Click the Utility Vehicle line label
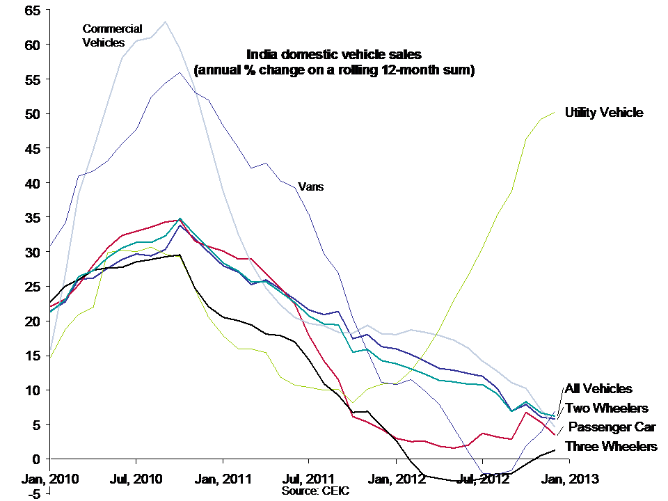pyautogui.click(x=604, y=112)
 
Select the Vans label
pyautogui.click(x=310, y=186)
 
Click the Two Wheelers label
pyautogui.click(x=606, y=408)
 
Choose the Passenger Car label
pyautogui.click(x=612, y=427)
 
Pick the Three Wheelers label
pyautogui.click(x=611, y=446)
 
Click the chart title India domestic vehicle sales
pyautogui.click(x=334, y=54)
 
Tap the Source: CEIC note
pyautogui.click(x=315, y=491)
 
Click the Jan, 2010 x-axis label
pyautogui.click(x=51, y=479)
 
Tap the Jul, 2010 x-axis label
pyautogui.click(x=136, y=479)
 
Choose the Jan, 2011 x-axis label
pyautogui.click(x=223, y=479)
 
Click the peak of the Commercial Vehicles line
pyautogui.click(x=165, y=22)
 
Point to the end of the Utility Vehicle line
pyautogui.click(x=555, y=112)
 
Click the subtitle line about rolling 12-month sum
pyautogui.click(x=334, y=70)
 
